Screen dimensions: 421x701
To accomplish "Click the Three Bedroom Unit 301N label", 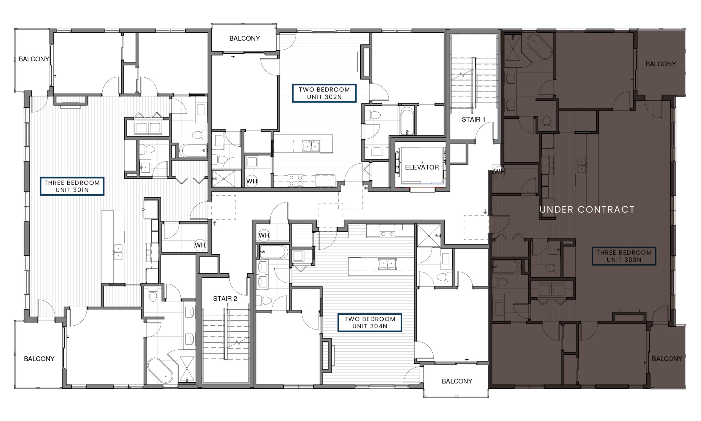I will coord(72,186).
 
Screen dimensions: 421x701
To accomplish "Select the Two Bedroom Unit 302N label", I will coord(324,93).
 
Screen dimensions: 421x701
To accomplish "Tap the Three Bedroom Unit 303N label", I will coord(624,256).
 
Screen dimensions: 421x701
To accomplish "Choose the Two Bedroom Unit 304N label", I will coord(369,323).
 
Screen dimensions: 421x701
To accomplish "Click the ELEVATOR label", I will coord(422,167).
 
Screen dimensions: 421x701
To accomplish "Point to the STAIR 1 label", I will coord(473,120).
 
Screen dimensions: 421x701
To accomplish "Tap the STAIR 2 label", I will coord(225,298).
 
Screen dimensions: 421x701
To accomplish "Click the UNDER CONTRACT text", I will coord(587,210).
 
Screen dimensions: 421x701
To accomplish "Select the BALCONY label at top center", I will coord(244,38).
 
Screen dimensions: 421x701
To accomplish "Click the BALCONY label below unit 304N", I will coord(457,381).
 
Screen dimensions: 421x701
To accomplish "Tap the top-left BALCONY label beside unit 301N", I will coord(34,59).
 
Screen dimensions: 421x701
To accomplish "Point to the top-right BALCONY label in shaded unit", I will coord(660,64).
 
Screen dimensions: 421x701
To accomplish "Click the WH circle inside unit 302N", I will coord(252,181).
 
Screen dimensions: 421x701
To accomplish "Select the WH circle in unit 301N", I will coord(200,245).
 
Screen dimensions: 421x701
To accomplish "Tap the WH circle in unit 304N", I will coord(264,235).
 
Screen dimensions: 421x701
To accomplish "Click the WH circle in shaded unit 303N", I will coord(499,172).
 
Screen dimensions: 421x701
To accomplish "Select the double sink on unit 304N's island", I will coord(387,263).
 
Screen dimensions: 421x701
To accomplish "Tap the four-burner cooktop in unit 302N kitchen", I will coord(295,181).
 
